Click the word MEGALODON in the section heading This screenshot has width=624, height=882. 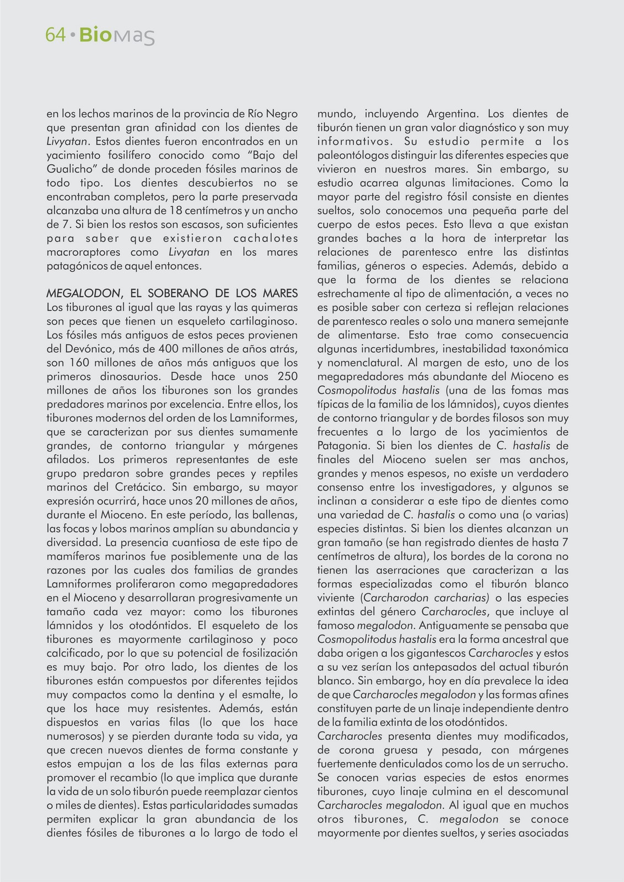point(80,293)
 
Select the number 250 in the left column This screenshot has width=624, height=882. point(286,377)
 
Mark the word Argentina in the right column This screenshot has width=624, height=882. point(448,114)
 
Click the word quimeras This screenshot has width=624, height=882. point(275,307)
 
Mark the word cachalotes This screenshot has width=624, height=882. point(265,238)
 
